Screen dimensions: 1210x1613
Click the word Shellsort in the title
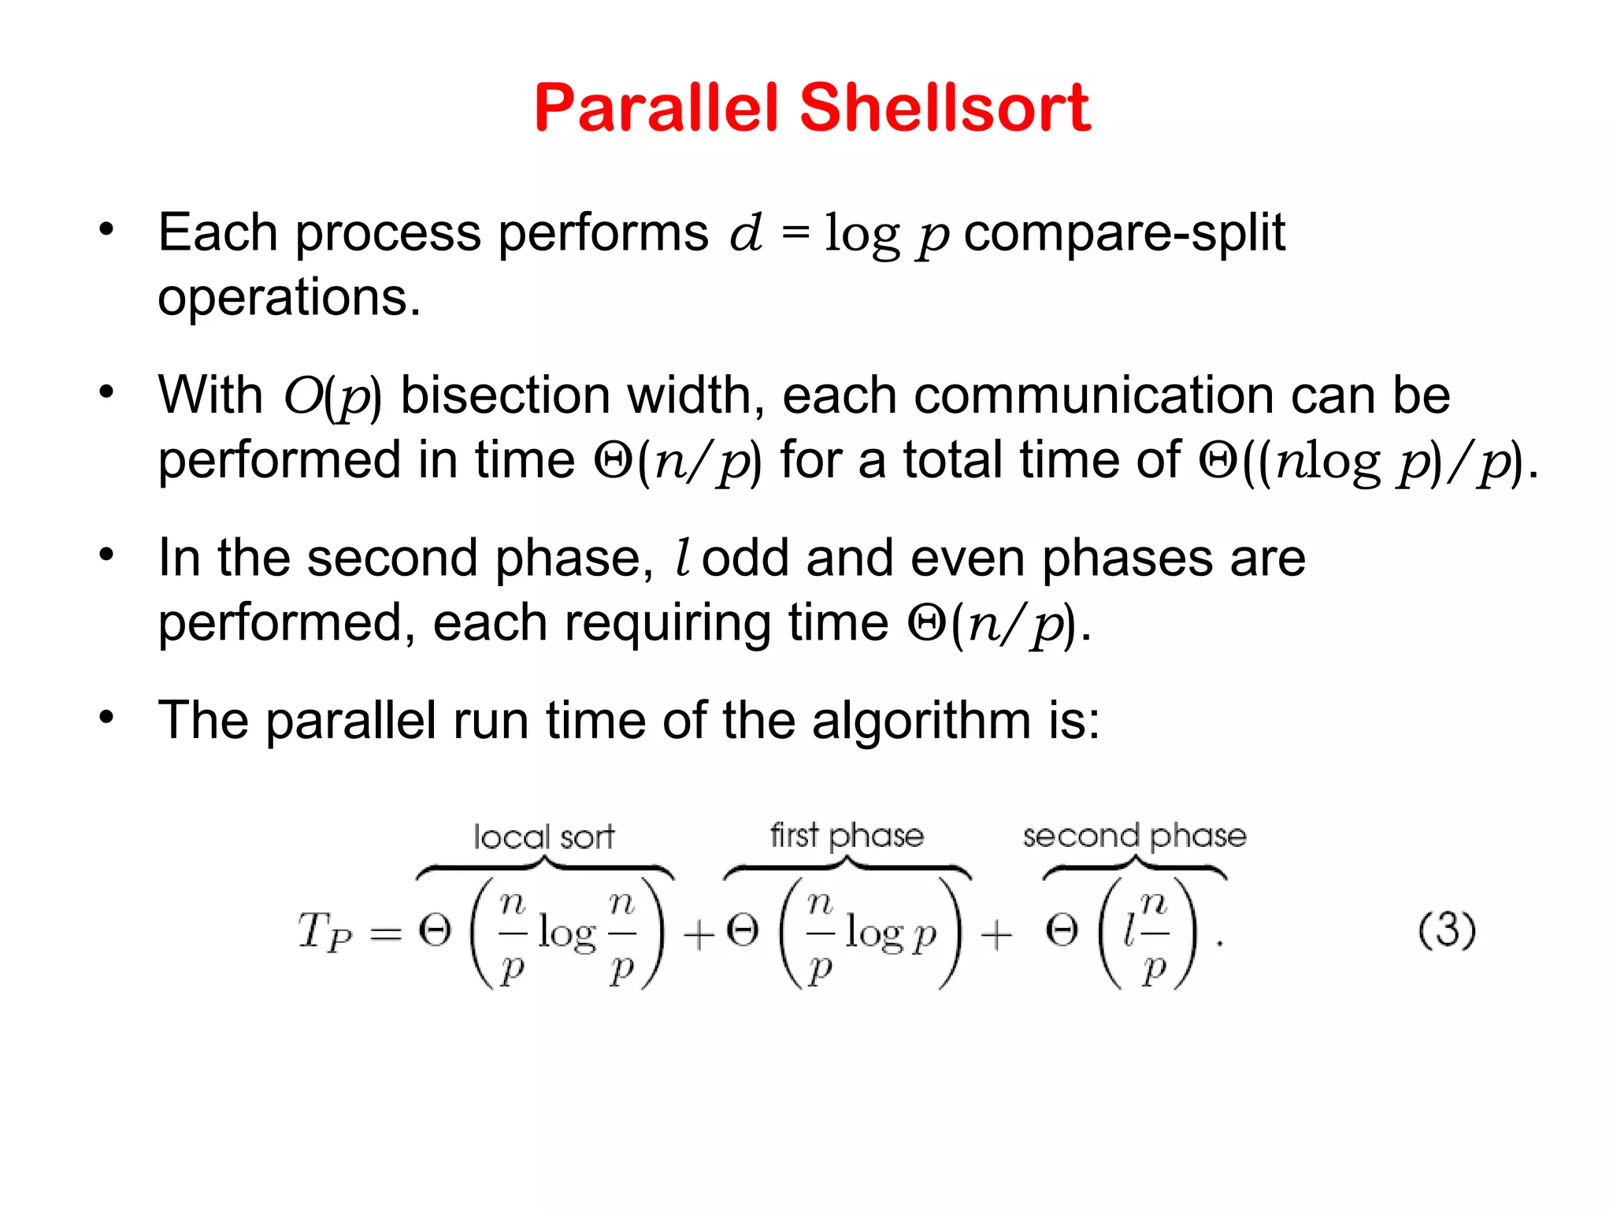pyautogui.click(x=944, y=108)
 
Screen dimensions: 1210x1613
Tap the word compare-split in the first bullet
pyautogui.click(x=1124, y=233)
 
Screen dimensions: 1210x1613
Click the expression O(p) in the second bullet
pyautogui.click(x=332, y=396)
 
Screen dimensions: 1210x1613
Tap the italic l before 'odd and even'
pyautogui.click(x=683, y=558)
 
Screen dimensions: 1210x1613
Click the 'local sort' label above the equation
pyautogui.click(x=543, y=837)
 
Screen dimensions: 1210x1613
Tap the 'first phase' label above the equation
pyautogui.click(x=847, y=835)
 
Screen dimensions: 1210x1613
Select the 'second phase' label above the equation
pyautogui.click(x=1134, y=836)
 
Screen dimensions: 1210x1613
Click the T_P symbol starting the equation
pyautogui.click(x=324, y=933)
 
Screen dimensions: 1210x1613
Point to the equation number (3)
pyautogui.click(x=1446, y=930)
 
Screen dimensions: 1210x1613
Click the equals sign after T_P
pyautogui.click(x=386, y=935)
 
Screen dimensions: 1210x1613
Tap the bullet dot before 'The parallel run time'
pyautogui.click(x=107, y=718)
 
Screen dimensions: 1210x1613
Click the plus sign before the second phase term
pyautogui.click(x=996, y=936)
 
